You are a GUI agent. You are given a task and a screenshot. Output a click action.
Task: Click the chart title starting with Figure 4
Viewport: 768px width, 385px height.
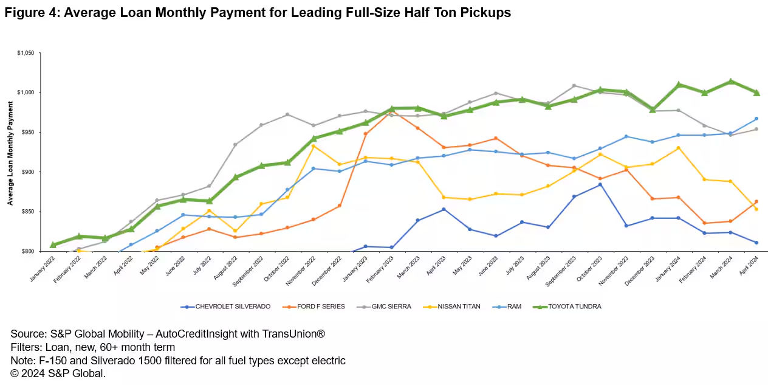[x=258, y=13]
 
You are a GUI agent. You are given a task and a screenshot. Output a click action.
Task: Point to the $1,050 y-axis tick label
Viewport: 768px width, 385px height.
[x=26, y=53]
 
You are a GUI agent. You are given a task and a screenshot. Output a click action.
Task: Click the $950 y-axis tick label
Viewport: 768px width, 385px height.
[x=29, y=133]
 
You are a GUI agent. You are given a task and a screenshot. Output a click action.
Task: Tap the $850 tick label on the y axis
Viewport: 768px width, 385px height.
[x=29, y=212]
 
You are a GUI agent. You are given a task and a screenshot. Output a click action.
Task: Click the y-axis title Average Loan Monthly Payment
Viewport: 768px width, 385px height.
[x=10, y=152]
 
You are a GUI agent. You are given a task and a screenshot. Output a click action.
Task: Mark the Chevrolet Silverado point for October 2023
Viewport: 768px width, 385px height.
[x=600, y=184]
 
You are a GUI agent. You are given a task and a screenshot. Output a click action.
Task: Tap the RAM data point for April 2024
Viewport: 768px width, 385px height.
[x=756, y=119]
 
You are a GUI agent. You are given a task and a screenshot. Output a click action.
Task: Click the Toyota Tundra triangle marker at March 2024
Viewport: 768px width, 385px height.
[x=730, y=81]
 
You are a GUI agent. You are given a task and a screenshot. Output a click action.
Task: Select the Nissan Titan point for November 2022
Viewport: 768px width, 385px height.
[x=314, y=146]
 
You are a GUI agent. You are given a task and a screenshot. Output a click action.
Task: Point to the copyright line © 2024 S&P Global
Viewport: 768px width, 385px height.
[x=58, y=373]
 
